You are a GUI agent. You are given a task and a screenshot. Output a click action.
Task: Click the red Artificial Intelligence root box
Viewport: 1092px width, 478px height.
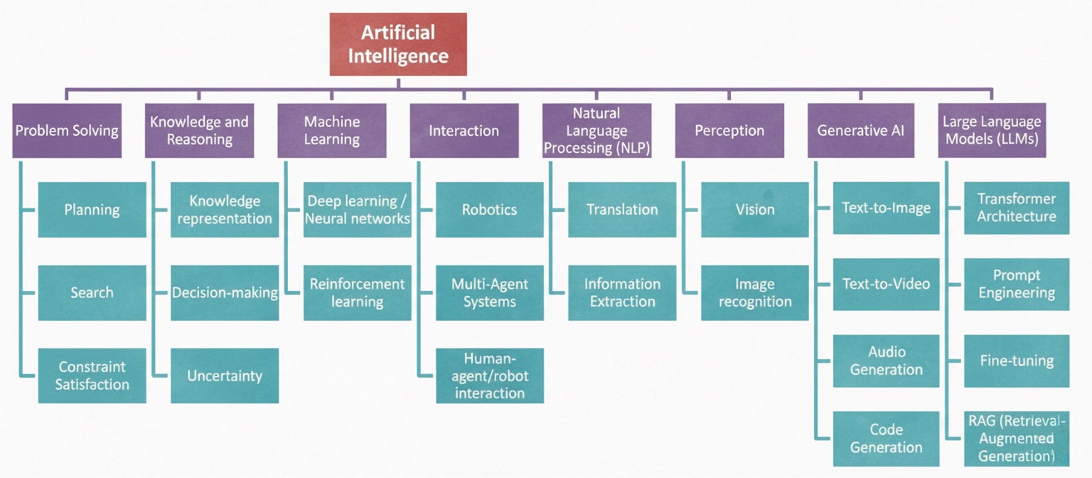[398, 44]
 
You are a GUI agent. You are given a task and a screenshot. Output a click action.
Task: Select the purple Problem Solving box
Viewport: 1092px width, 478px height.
[67, 131]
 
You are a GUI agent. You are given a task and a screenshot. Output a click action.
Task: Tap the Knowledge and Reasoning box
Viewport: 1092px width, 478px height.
[199, 131]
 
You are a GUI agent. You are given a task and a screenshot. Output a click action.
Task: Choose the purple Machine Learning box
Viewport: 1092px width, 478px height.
[332, 131]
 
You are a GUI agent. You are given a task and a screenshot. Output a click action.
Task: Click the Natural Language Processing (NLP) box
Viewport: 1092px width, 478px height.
[596, 131]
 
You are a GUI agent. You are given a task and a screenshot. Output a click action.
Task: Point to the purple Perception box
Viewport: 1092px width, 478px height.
[729, 131]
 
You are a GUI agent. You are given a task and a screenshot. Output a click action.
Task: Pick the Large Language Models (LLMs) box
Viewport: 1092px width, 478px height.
[991, 131]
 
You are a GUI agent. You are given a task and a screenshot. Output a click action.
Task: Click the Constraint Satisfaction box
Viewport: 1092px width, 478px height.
[92, 376]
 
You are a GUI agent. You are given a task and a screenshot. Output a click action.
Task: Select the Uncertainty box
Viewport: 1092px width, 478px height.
[225, 376]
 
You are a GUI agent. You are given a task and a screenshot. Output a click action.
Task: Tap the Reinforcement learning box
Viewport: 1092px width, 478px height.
[358, 292]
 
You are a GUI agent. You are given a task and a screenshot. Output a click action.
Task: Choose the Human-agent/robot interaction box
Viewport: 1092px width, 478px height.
[490, 376]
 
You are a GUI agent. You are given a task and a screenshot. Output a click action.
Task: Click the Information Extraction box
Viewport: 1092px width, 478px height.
[622, 292]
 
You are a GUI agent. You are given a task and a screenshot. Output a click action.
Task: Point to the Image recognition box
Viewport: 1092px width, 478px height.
[755, 292]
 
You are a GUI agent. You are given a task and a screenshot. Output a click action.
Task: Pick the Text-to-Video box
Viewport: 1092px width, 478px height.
[886, 285]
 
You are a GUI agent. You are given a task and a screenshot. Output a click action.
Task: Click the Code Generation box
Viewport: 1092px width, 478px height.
[886, 438]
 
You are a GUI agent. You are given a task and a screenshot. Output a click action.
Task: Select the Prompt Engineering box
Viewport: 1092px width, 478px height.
[1017, 285]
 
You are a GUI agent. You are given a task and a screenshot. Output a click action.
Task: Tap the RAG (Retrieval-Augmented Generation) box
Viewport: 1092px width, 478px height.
[1017, 438]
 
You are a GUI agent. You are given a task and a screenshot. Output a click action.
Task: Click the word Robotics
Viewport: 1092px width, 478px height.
[490, 210]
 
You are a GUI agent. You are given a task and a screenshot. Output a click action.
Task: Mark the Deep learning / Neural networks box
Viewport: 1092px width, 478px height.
[358, 210]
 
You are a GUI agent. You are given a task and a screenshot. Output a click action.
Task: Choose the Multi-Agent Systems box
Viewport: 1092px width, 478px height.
[490, 292]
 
